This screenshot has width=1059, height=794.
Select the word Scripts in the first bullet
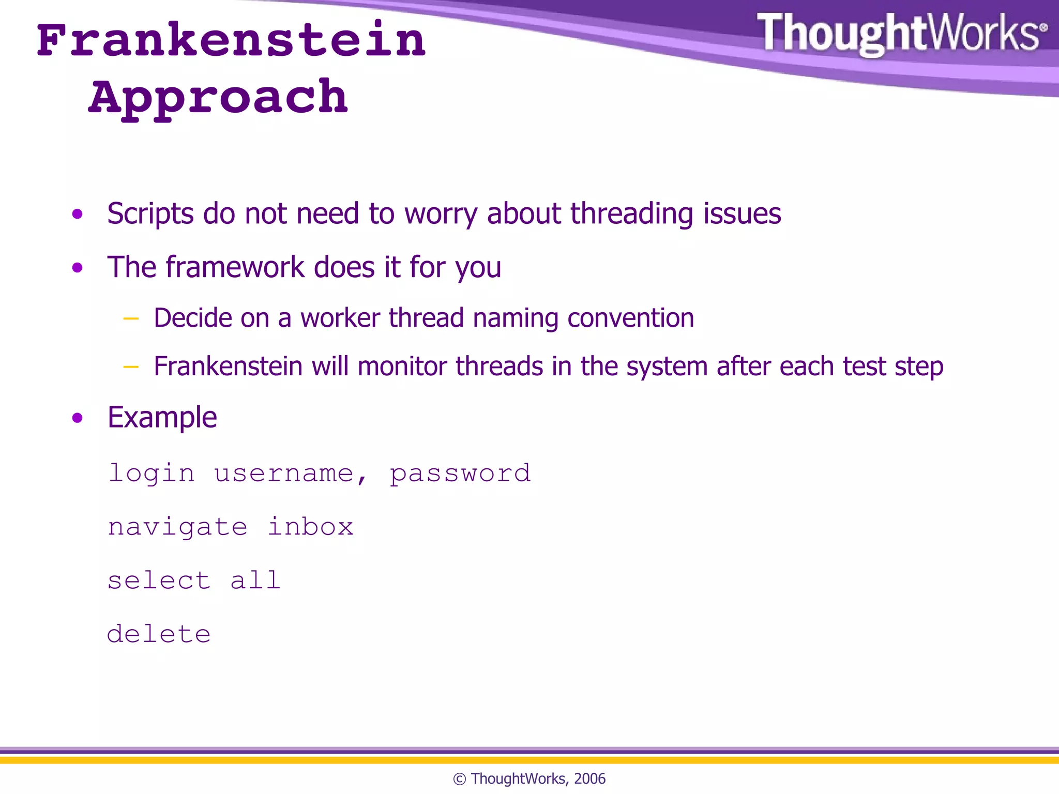click(x=150, y=213)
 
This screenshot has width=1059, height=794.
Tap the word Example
click(x=162, y=417)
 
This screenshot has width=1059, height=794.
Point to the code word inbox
click(x=310, y=527)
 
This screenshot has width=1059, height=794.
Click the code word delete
click(x=159, y=634)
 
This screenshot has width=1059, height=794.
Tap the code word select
click(x=159, y=581)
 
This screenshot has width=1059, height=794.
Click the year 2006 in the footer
click(x=589, y=778)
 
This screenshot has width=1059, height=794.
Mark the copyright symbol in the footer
click(x=459, y=779)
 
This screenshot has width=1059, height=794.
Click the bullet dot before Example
click(x=78, y=418)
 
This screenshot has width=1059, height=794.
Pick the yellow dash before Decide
click(x=131, y=318)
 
